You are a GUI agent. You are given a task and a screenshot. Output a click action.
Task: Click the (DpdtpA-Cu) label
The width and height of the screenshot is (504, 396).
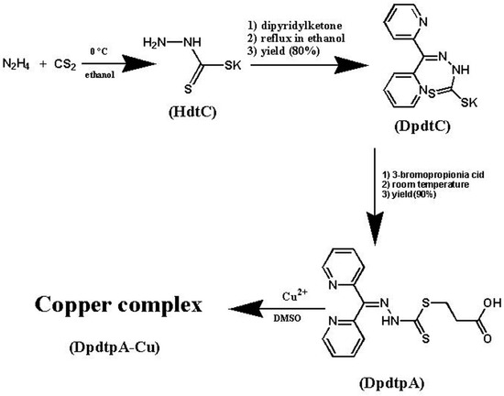point(110,327)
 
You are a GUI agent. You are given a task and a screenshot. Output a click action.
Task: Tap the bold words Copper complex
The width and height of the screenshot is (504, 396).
point(112,300)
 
